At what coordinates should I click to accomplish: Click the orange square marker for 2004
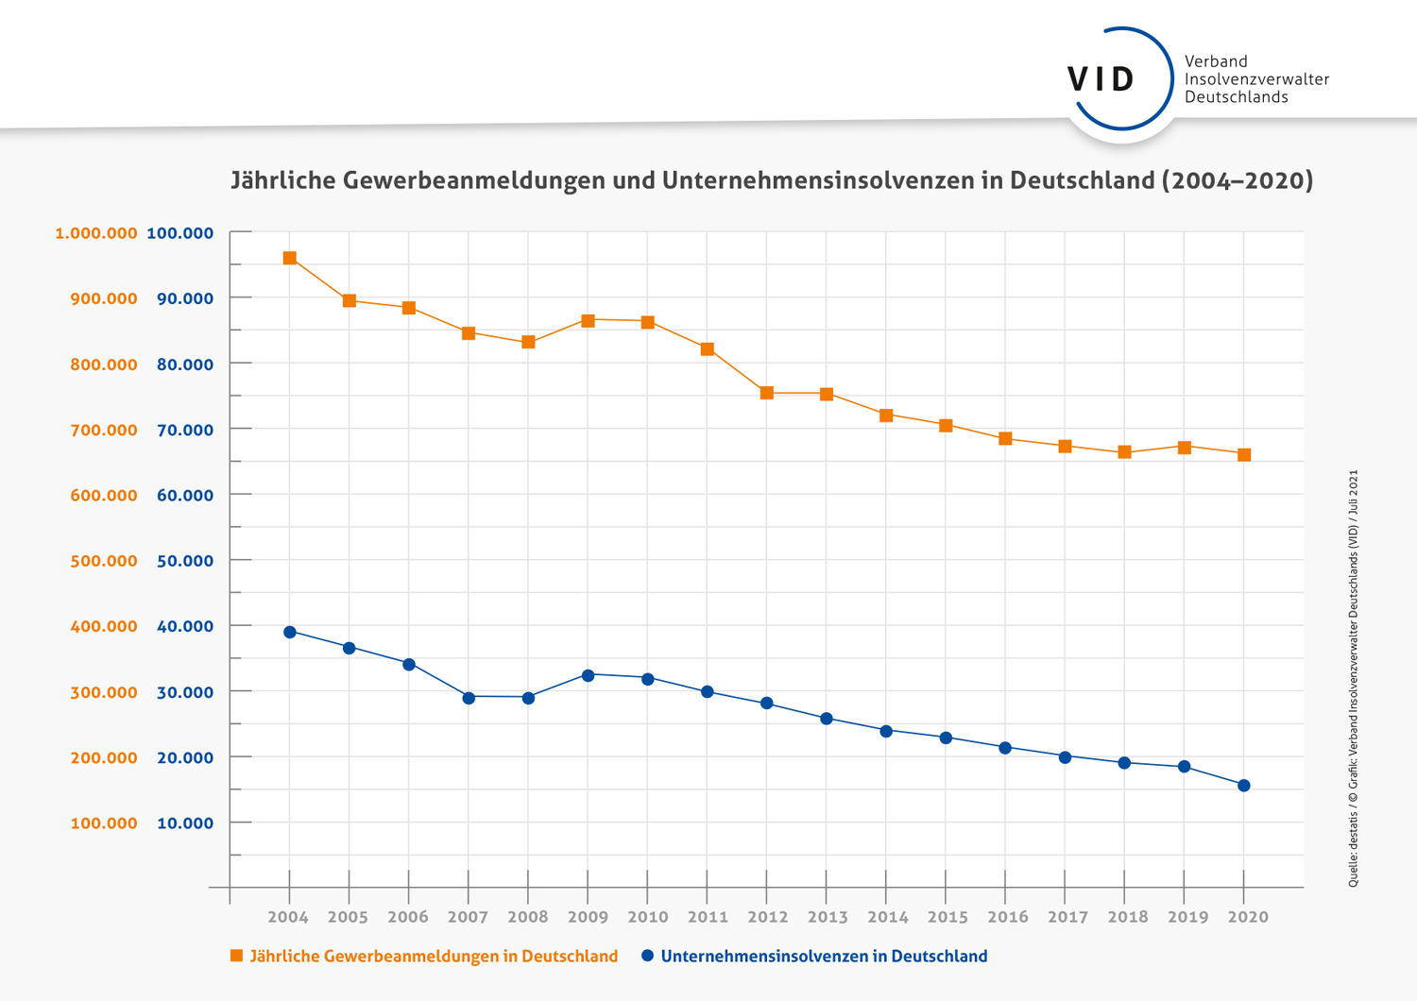[290, 258]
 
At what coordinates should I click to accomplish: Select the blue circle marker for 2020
[1244, 786]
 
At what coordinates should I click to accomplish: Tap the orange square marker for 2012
[767, 393]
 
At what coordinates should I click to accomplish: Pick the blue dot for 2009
[589, 675]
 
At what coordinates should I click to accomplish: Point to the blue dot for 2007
[469, 698]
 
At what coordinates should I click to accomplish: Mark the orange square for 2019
[1185, 447]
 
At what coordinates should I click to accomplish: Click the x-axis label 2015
[947, 917]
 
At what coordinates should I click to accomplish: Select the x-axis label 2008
[527, 917]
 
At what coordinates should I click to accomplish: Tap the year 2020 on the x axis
[1247, 917]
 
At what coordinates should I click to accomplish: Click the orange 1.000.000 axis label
[96, 233]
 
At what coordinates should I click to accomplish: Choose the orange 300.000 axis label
[104, 692]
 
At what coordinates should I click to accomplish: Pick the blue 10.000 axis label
[185, 823]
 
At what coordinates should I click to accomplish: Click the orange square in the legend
[237, 956]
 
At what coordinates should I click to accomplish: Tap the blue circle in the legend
[647, 956]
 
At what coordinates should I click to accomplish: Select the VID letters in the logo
[1101, 79]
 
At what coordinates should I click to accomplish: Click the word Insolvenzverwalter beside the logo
[1256, 79]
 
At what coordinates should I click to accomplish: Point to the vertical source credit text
[1353, 678]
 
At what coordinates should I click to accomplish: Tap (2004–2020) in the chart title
[1237, 180]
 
